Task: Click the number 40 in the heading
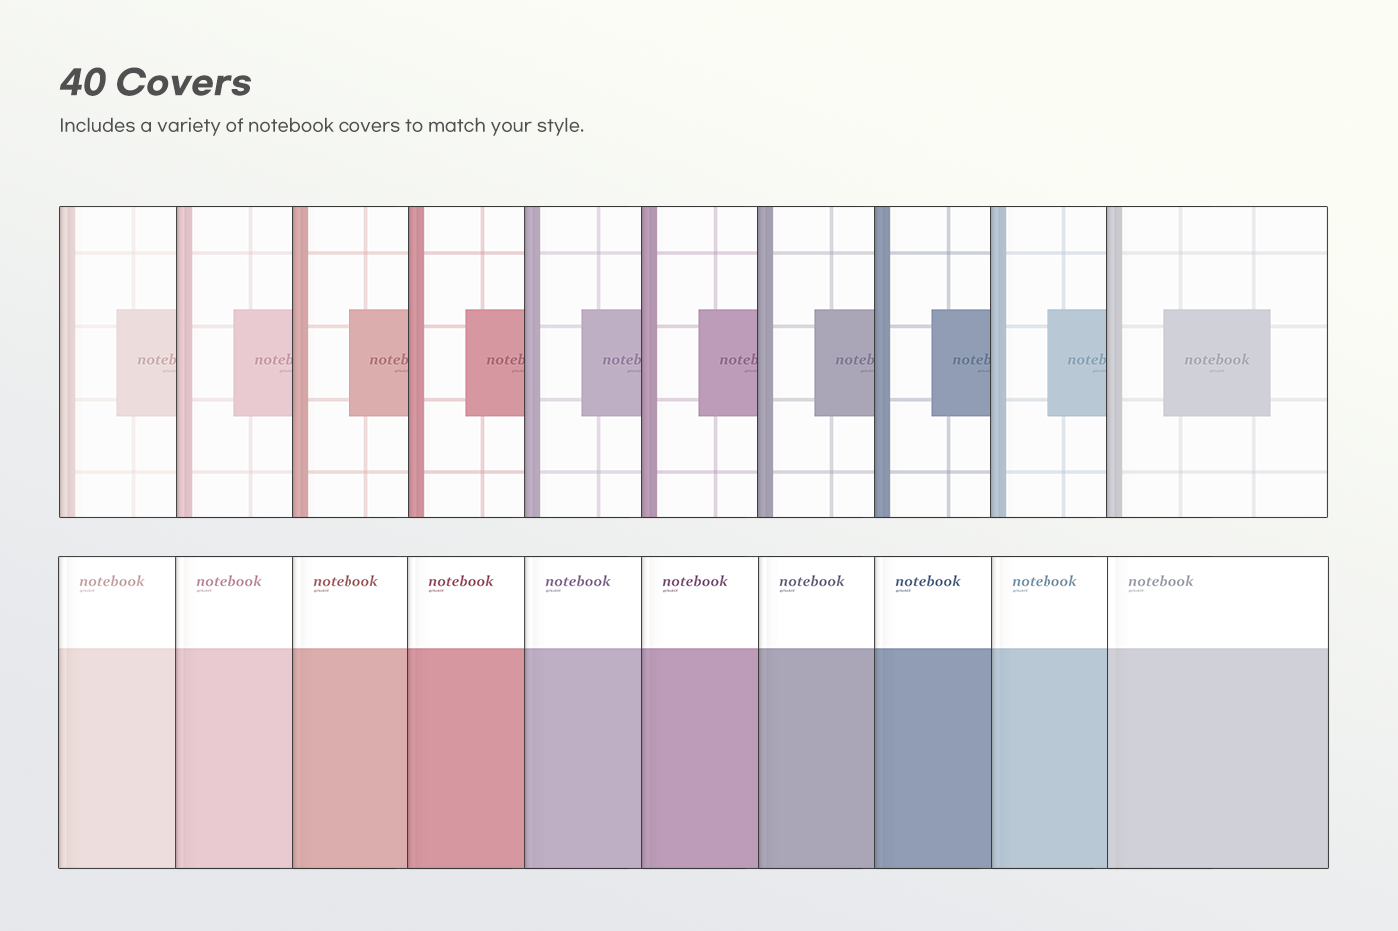[x=83, y=83]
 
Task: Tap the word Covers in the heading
[x=184, y=83]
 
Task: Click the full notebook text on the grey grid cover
[x=1216, y=360]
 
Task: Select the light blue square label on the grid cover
[x=1076, y=362]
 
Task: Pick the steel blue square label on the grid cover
[x=961, y=362]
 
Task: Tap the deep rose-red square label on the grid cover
[x=495, y=362]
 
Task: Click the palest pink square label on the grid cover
[x=146, y=362]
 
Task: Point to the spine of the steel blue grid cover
[x=882, y=362]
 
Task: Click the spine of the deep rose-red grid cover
[x=416, y=362]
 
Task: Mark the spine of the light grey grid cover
[x=1114, y=362]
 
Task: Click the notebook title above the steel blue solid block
[x=927, y=581]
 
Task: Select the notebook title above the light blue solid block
[x=1044, y=581]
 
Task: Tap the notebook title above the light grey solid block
[x=1160, y=581]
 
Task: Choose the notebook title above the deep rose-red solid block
[x=460, y=581]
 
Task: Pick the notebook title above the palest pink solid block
[x=111, y=581]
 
